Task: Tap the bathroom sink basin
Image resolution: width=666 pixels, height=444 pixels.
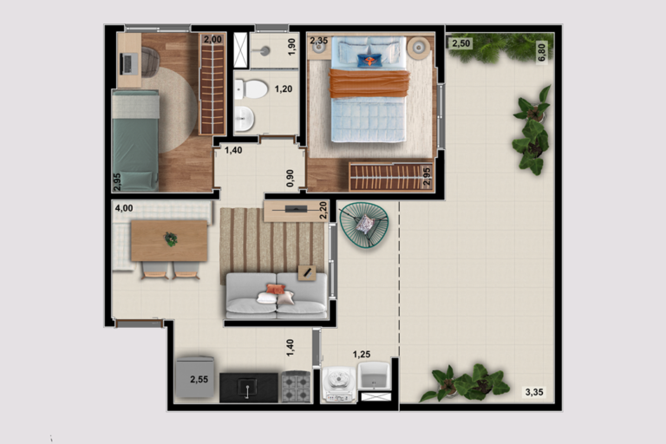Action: pos(245,119)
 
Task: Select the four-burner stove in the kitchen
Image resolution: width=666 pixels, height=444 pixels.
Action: pos(296,387)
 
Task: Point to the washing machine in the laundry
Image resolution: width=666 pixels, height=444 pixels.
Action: pos(338,384)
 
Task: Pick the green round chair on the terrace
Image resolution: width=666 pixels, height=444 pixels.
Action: pos(364,225)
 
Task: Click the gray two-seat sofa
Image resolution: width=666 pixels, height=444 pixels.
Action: pos(277,296)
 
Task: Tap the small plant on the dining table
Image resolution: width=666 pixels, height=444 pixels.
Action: pos(171,239)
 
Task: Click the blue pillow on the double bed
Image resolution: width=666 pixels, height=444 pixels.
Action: pos(369,61)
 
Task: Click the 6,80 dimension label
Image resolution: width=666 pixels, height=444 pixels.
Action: pos(541,52)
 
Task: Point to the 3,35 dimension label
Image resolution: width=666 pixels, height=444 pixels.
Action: pos(534,392)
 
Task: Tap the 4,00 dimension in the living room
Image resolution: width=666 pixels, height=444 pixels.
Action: pos(124,208)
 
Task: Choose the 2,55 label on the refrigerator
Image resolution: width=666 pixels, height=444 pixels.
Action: pos(199,380)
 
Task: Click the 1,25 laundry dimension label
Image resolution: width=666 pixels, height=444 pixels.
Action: pos(362,354)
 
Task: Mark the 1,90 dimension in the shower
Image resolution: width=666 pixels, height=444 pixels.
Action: pos(291,47)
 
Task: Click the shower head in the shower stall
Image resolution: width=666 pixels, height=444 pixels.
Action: pos(264,51)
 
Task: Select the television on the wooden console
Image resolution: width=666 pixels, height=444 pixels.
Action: pos(296,209)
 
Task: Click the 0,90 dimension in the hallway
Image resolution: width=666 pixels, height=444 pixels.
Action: pos(291,178)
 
